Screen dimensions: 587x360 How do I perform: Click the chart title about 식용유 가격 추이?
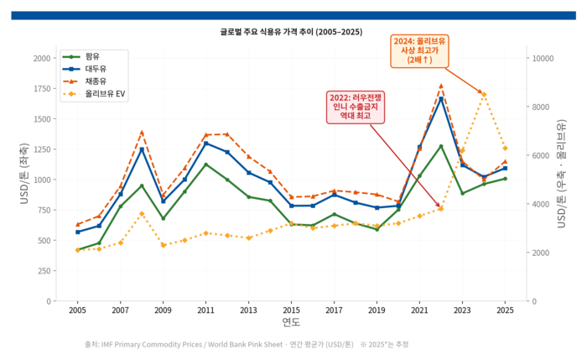point(291,32)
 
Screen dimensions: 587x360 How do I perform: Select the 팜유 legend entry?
point(81,56)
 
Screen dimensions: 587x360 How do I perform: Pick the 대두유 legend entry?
point(85,69)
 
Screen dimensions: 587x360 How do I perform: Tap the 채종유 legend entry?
point(85,81)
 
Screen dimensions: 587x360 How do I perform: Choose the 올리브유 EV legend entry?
point(94,94)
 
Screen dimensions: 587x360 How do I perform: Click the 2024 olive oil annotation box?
point(419,51)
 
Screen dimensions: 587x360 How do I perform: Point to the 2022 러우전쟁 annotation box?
point(356,107)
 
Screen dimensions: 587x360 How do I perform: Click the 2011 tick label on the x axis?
point(205,310)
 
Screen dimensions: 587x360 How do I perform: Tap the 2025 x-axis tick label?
point(505,310)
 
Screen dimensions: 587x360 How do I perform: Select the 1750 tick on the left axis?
point(42,89)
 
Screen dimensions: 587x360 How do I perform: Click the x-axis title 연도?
point(291,321)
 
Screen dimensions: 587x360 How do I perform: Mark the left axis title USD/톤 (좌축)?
point(24,174)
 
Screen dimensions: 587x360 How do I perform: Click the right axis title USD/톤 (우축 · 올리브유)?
point(561,174)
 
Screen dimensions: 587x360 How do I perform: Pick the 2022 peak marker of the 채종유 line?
point(441,86)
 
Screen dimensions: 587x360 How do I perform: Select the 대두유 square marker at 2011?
point(205,143)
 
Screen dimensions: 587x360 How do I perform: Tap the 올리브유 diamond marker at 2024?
point(484,94)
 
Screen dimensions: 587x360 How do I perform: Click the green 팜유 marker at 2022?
point(441,146)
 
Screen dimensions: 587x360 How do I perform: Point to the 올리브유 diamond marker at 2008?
point(142,213)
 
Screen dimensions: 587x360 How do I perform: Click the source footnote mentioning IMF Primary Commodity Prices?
point(247,344)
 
